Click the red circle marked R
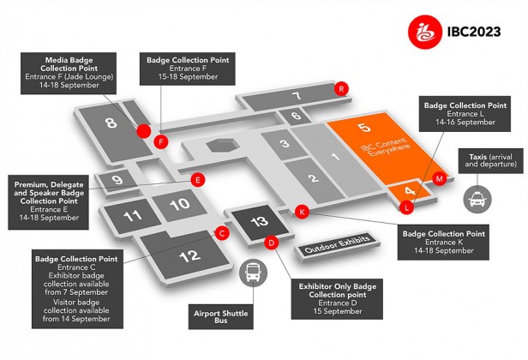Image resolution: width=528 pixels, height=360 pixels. (341, 89)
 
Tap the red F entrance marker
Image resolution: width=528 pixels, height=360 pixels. (161, 141)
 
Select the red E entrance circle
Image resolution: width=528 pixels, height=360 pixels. (198, 180)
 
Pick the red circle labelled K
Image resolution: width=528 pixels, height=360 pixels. (302, 212)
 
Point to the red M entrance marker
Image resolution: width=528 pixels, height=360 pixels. (439, 178)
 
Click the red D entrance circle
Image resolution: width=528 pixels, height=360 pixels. (272, 242)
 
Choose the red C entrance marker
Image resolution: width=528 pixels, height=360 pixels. (222, 233)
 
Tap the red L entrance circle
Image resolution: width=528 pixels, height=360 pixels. (407, 207)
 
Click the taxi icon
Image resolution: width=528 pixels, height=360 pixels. (477, 199)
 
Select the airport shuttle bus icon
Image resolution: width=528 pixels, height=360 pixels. (253, 273)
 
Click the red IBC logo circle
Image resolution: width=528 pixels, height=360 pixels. (424, 32)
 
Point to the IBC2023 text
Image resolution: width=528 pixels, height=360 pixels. (474, 32)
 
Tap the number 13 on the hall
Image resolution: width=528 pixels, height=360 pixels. (259, 221)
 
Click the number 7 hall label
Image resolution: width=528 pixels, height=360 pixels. (297, 96)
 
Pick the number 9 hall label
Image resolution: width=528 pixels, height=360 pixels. (117, 179)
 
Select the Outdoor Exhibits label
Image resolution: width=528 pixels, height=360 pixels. (338, 244)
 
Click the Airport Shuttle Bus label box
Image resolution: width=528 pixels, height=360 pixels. (221, 317)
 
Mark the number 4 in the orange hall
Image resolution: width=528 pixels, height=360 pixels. (410, 191)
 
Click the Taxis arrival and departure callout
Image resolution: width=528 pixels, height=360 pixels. (490, 161)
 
